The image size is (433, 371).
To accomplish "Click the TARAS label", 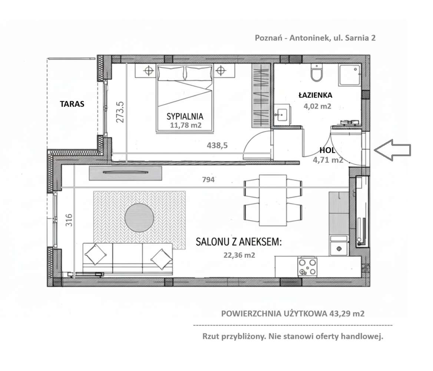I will [x=72, y=104].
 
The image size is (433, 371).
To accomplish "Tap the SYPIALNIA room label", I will [x=185, y=116].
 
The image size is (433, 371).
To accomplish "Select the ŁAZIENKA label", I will [x=315, y=95].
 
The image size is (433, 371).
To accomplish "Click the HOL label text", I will [x=327, y=151].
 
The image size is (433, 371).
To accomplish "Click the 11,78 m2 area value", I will [x=185, y=125].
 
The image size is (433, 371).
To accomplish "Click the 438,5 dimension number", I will [x=217, y=146].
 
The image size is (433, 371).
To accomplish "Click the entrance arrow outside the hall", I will [x=392, y=150].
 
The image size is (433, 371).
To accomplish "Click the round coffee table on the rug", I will [x=139, y=218].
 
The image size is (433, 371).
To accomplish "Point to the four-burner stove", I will [x=307, y=267].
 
